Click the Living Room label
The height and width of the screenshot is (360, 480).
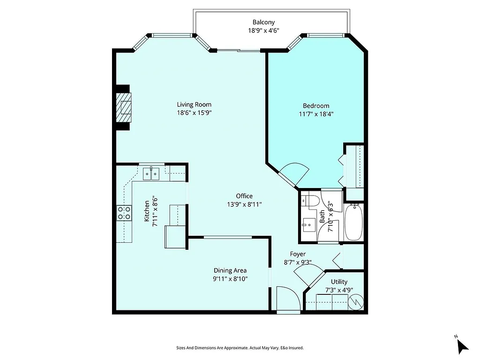coord(194,105)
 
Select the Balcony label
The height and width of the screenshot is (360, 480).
coord(263,22)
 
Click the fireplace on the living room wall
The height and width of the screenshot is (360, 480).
coord(125,108)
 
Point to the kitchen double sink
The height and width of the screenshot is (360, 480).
coord(151,174)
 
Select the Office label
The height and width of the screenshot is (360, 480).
coord(244,196)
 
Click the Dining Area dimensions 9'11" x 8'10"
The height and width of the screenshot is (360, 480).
coord(230,278)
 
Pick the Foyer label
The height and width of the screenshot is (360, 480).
coord(298,254)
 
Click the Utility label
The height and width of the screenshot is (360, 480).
coord(339,282)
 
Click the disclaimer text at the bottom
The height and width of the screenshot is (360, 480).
coord(240,348)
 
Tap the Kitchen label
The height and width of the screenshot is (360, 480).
coord(147,211)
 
